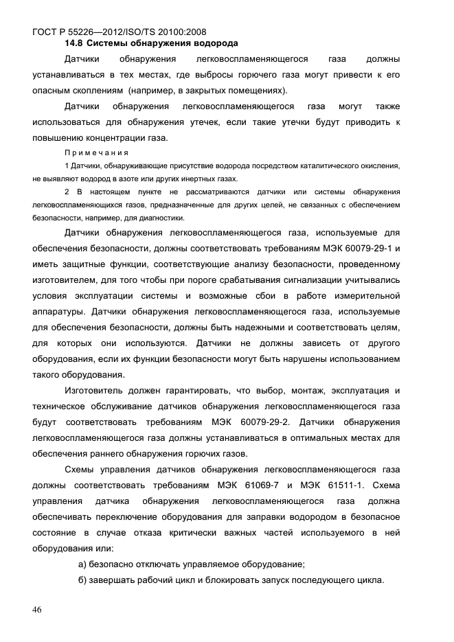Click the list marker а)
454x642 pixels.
pyautogui.click(x=84, y=564)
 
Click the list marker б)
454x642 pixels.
pyautogui.click(x=84, y=580)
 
